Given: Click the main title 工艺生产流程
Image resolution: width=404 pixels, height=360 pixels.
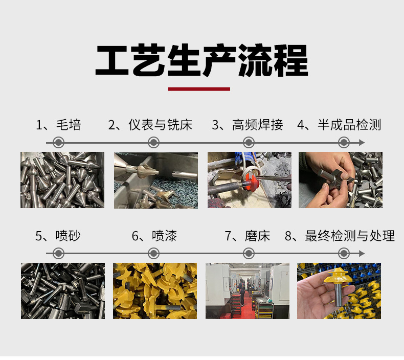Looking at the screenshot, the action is [201, 60].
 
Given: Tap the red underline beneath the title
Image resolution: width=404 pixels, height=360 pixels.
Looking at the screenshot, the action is [199, 89].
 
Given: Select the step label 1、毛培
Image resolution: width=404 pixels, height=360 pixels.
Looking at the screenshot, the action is [58, 125].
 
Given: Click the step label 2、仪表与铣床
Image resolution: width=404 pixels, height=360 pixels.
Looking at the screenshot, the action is [150, 125].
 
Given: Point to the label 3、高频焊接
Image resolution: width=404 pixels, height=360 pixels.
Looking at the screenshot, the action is [248, 125].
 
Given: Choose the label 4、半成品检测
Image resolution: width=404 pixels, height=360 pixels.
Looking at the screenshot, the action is [339, 125].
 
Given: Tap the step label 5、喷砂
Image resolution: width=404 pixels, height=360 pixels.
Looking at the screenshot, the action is [58, 236].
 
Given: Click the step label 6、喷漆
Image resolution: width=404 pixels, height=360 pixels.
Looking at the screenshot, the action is [154, 236].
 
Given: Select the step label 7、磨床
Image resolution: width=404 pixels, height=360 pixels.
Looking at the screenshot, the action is [248, 236].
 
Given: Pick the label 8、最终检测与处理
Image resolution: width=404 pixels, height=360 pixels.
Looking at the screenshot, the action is [340, 236].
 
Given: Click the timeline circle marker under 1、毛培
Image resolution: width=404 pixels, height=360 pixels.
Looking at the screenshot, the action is [58, 143].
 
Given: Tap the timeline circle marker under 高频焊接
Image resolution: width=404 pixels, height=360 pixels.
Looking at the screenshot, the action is [249, 143].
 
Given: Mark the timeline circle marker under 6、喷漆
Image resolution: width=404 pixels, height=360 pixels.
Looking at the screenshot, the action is [153, 254].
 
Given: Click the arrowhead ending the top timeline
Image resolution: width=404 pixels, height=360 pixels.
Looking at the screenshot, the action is [362, 143].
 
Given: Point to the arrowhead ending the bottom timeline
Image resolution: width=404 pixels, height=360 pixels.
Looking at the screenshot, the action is [362, 254].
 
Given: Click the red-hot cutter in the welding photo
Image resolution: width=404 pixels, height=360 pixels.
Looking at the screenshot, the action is [251, 181].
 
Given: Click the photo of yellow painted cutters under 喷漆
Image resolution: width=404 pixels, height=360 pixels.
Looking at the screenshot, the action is [155, 291].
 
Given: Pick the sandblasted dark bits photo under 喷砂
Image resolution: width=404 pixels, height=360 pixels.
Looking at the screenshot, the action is [63, 291].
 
